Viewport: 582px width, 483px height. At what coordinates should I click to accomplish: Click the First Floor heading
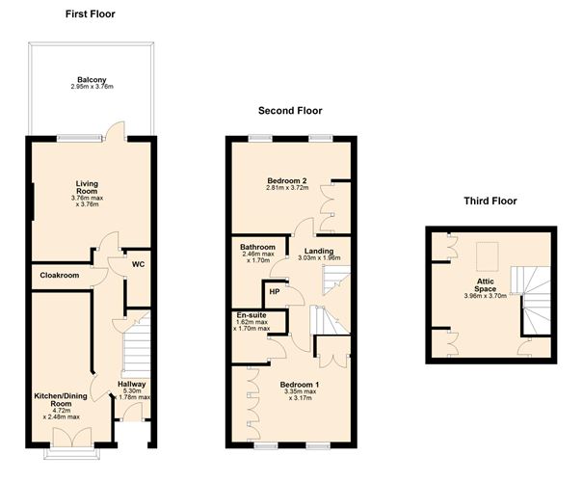pyautogui.click(x=91, y=14)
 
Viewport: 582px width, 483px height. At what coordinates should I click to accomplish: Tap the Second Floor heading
pyautogui.click(x=290, y=111)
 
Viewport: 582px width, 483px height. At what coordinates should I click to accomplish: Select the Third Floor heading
pyautogui.click(x=490, y=201)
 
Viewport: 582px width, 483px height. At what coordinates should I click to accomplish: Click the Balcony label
pyautogui.click(x=92, y=79)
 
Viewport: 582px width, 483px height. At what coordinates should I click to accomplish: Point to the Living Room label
pyautogui.click(x=87, y=187)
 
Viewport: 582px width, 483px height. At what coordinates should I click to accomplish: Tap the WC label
pyautogui.click(x=138, y=265)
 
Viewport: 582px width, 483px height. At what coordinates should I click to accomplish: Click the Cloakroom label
pyautogui.click(x=60, y=275)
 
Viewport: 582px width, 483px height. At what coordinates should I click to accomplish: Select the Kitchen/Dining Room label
pyautogui.click(x=61, y=400)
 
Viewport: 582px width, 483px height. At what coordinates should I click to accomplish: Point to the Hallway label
pyautogui.click(x=132, y=384)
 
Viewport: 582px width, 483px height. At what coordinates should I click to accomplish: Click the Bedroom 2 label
pyautogui.click(x=287, y=181)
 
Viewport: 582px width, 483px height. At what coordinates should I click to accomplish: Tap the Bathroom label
pyautogui.click(x=257, y=247)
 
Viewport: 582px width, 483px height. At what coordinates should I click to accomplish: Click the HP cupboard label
pyautogui.click(x=275, y=292)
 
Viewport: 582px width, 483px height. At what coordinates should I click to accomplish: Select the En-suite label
pyautogui.click(x=251, y=315)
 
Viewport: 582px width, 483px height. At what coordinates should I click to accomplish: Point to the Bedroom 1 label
pyautogui.click(x=300, y=385)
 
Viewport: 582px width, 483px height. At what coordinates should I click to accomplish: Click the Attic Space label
pyautogui.click(x=485, y=285)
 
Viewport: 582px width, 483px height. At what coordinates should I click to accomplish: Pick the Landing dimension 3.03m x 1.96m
pyautogui.click(x=319, y=257)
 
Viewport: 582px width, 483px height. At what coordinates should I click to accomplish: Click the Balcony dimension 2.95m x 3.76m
pyautogui.click(x=93, y=87)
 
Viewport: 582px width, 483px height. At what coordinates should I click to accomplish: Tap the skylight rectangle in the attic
pyautogui.click(x=487, y=256)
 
